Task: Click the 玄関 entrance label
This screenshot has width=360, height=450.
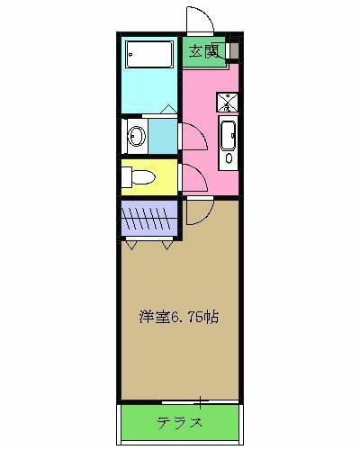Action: (x=204, y=50)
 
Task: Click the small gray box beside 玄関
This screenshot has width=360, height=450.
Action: (x=234, y=50)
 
